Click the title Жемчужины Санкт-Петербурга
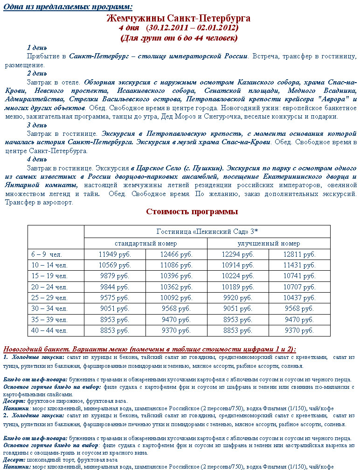click(x=179, y=19)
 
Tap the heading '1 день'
click(x=37, y=48)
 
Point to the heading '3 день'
click(x=37, y=125)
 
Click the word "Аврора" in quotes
click(x=329, y=99)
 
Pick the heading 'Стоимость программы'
click(x=192, y=212)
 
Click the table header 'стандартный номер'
click(x=145, y=243)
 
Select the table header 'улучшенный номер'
click(x=269, y=243)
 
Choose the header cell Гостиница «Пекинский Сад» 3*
click(x=207, y=231)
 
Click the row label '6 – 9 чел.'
click(x=47, y=255)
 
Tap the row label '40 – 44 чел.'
click(x=49, y=330)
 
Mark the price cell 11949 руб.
click(x=115, y=255)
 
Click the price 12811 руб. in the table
click(x=299, y=255)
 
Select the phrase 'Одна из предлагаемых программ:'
click(x=68, y=7)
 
